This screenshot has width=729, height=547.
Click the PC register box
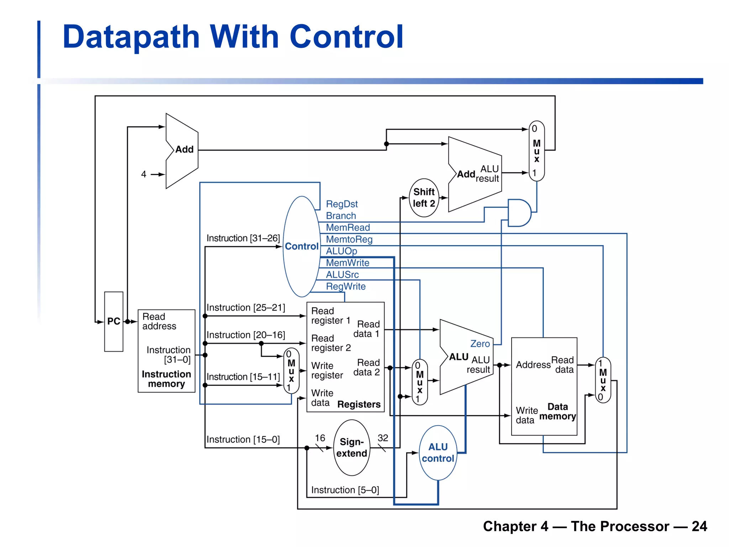coord(114,321)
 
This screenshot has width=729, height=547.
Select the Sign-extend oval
coord(352,448)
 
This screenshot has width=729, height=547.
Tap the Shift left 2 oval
coord(424,198)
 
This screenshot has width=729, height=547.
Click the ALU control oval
coord(438,453)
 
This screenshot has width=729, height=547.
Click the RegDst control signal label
coord(342,204)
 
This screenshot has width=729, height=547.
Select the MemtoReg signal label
coord(349,239)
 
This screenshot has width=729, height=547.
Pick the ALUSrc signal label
coord(342,275)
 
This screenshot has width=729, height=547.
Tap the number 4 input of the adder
coord(143,174)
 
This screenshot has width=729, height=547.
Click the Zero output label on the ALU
coord(480,344)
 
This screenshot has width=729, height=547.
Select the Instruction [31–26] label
coord(243,238)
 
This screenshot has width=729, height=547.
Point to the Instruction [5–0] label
coord(345,490)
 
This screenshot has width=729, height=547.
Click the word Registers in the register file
coord(359,405)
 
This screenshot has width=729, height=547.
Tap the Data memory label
coord(557,412)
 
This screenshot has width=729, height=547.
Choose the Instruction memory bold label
coord(166,379)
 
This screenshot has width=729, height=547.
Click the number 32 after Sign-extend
coord(383,438)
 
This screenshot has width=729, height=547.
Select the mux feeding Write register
coord(291,371)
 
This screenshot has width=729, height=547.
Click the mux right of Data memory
coord(603,380)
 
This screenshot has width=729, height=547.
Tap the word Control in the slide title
coord(346,37)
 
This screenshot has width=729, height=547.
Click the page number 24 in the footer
coord(699,526)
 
